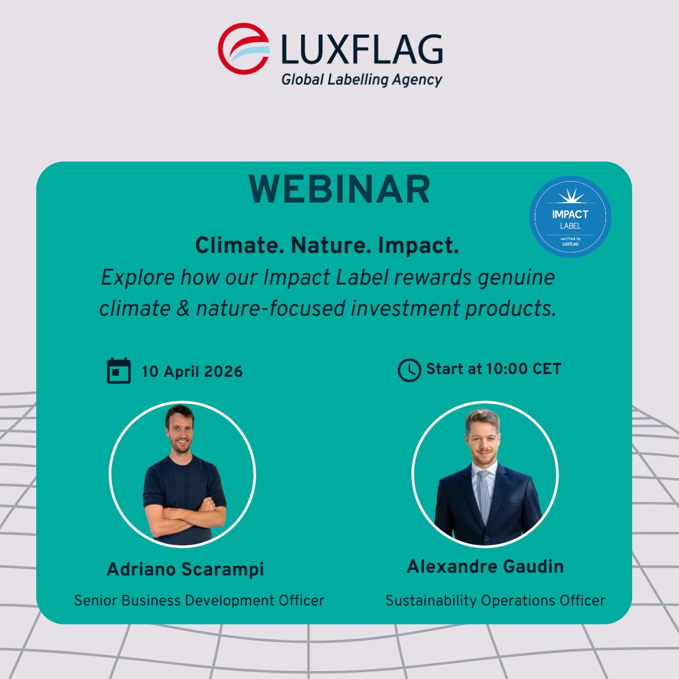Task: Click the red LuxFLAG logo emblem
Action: click(243, 49)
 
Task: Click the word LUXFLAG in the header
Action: click(362, 49)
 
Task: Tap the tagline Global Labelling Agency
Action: click(362, 80)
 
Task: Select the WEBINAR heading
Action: click(339, 189)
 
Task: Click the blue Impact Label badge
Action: click(570, 216)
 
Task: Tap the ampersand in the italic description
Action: click(183, 308)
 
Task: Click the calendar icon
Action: click(119, 370)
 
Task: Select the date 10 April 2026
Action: click(192, 371)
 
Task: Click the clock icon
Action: click(409, 370)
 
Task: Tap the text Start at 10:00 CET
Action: click(493, 368)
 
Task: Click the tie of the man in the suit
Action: click(484, 496)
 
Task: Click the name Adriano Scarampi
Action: click(186, 569)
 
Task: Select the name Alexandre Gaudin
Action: click(485, 566)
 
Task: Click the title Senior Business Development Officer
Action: click(199, 600)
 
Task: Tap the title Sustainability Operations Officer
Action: click(495, 600)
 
